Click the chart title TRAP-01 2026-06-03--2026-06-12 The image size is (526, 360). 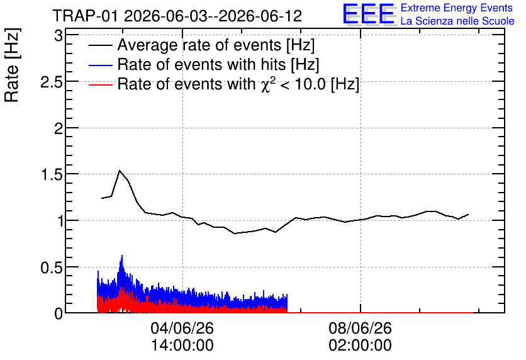[x=177, y=16]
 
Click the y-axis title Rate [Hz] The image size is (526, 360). [x=12, y=65]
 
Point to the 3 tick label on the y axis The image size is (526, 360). [x=59, y=35]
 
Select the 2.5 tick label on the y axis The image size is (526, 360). [x=52, y=82]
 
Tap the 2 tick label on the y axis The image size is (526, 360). [x=59, y=128]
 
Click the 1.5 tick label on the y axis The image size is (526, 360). [x=52, y=174]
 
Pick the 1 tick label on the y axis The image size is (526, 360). [x=60, y=220]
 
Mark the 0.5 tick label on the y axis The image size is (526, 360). [x=52, y=267]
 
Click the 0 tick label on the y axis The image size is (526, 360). [x=59, y=313]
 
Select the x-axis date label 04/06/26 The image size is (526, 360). [x=182, y=328]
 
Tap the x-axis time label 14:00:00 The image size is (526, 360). [x=182, y=346]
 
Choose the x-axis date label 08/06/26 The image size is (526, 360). [x=361, y=328]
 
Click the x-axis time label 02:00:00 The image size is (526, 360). [x=361, y=346]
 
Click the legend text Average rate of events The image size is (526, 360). [x=199, y=45]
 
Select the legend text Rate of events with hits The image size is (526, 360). [x=201, y=64]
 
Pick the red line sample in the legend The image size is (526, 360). [x=100, y=84]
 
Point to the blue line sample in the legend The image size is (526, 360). [x=100, y=65]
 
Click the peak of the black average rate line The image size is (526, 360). [x=120, y=171]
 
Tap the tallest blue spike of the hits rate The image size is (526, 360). [x=122, y=256]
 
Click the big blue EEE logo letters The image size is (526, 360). [x=369, y=14]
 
